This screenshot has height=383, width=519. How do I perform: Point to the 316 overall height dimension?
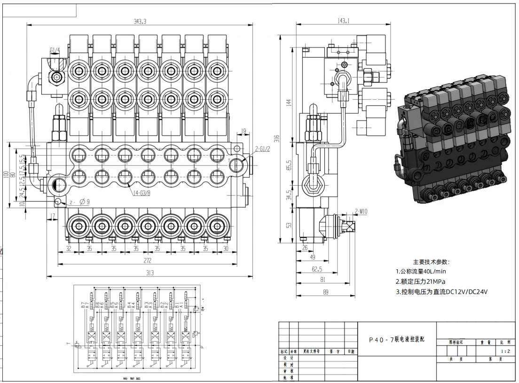pyautogui.click(x=278, y=139)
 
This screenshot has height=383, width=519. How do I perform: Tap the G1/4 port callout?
pyautogui.click(x=55, y=51)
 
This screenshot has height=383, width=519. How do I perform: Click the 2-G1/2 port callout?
pyautogui.click(x=262, y=149)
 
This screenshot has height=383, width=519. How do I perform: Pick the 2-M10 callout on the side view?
pyautogui.click(x=361, y=212)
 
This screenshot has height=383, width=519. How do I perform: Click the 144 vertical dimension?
pyautogui.click(x=289, y=102)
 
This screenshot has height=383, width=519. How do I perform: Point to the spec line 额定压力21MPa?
pyautogui.click(x=420, y=281)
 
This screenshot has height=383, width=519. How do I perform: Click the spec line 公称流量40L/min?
pyautogui.click(x=421, y=272)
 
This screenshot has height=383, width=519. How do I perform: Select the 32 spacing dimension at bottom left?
pyautogui.click(x=69, y=248)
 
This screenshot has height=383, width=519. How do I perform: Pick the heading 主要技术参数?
pyautogui.click(x=431, y=262)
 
